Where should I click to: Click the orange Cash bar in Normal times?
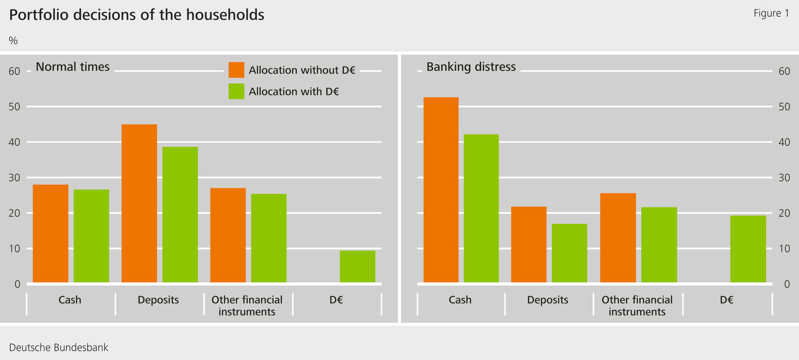point(51,234)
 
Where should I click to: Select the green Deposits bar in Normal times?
point(180,215)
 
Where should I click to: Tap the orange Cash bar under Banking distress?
point(441,190)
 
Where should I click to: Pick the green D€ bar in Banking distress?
point(748,249)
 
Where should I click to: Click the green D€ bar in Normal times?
point(357,266)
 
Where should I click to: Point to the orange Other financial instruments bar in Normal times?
point(228,235)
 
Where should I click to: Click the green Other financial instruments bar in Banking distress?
point(659,245)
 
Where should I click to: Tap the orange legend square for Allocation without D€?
point(236,70)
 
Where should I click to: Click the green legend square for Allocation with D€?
point(236,92)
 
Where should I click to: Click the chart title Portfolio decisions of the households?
point(136,15)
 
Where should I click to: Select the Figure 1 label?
point(771,14)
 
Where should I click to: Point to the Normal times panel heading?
point(73,67)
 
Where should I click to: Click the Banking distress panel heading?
point(471,67)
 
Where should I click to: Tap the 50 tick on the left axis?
point(14,107)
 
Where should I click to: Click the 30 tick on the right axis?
point(784,178)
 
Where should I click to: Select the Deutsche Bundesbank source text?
point(59,347)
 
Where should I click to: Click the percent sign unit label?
point(13,41)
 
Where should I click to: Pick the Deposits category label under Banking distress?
point(547,300)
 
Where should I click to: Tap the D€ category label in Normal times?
point(336,300)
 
